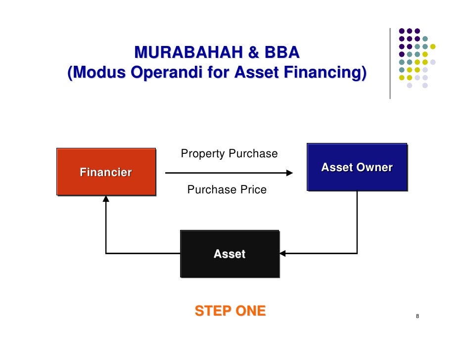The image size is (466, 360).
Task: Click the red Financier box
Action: [x=106, y=172]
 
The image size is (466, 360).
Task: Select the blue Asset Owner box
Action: [x=357, y=167]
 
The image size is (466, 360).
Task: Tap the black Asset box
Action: [x=230, y=254]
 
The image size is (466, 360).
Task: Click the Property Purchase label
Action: [x=229, y=154]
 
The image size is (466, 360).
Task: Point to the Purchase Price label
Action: [x=227, y=190]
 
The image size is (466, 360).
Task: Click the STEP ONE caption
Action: [x=230, y=311]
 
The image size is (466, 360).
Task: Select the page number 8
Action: [x=418, y=316]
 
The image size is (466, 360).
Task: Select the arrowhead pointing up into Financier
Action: [x=106, y=199]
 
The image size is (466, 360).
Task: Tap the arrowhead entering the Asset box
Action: [x=283, y=254]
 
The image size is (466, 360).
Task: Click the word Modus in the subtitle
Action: [x=96, y=73]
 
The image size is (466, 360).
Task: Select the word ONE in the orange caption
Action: [x=250, y=311]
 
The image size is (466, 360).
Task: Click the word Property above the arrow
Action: [x=201, y=154]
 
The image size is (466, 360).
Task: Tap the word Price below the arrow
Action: [x=252, y=190]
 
